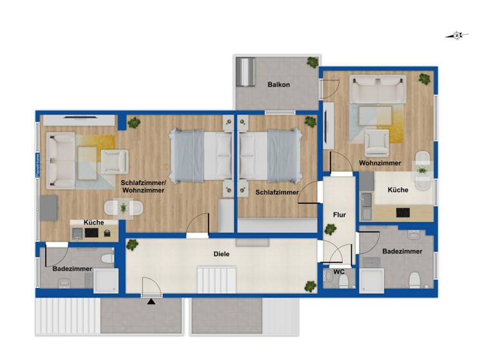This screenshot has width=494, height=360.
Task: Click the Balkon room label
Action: [x=279, y=85]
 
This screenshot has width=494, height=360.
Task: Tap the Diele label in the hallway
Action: [x=221, y=254]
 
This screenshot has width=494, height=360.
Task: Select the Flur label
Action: [x=340, y=215]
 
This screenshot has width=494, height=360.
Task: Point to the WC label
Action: [x=338, y=272]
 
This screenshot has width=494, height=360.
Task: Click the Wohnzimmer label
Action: [x=380, y=163]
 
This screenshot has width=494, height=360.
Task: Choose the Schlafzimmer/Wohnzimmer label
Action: [x=143, y=186]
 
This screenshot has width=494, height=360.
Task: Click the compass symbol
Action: [x=457, y=35]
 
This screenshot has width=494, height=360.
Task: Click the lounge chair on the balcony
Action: [x=246, y=73]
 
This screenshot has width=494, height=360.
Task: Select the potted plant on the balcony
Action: [x=313, y=62]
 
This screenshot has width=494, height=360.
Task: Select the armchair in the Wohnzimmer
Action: [x=376, y=141]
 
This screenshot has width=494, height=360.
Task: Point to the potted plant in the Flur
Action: [x=331, y=229]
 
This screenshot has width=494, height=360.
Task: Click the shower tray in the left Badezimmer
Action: [x=106, y=280]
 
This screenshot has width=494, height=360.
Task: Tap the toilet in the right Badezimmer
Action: [x=416, y=280]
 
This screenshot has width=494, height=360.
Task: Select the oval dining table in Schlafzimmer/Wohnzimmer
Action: [x=123, y=208]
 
